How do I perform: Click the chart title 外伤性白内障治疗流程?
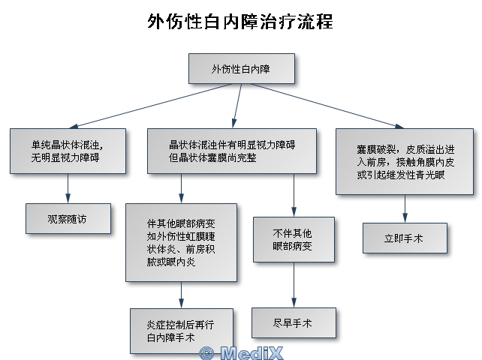coord(240,22)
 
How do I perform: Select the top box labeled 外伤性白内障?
coord(242,68)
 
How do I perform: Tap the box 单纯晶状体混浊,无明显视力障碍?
coord(68,151)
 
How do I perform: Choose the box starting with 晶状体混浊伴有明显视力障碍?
coord(232,151)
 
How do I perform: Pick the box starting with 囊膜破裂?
coord(405,161)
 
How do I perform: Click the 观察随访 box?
coord(68,219)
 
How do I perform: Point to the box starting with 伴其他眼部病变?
coord(182,242)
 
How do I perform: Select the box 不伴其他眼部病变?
coord(294,239)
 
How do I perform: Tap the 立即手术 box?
coord(405,238)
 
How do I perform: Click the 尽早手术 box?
coord(294,322)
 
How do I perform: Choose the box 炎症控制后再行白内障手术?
coord(182,331)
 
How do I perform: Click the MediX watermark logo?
coord(241,353)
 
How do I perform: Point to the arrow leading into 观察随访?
coord(68,188)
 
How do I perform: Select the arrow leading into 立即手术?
coord(405,208)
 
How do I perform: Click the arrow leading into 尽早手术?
coord(294,285)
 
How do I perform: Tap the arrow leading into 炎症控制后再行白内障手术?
coord(182,295)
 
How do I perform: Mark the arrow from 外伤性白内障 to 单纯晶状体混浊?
coord(150,106)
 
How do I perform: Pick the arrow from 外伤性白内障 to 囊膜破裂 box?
coord(327,106)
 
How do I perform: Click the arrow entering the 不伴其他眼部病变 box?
coord(294,195)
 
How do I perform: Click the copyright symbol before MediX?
coord(206,353)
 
